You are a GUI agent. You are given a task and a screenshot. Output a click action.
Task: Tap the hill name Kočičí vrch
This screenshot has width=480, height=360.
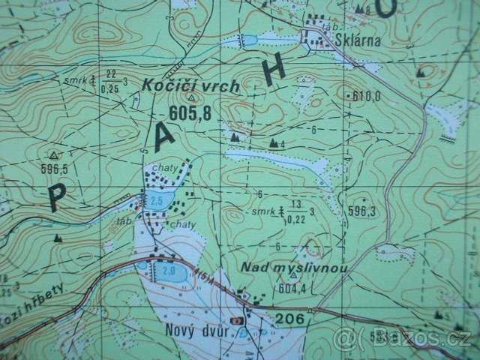(x=190, y=87)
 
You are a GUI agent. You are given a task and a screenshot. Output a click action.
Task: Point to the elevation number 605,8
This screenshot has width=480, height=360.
(x=190, y=112)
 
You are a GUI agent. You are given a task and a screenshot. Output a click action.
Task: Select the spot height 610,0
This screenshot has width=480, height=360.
(x=367, y=96)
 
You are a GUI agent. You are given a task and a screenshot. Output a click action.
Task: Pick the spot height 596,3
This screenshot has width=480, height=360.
(x=361, y=212)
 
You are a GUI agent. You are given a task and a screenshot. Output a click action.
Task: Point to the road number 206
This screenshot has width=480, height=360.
(x=289, y=319)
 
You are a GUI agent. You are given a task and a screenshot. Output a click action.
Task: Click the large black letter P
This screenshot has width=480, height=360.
(x=57, y=196)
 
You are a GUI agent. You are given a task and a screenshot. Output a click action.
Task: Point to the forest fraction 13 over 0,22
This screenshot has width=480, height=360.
(x=295, y=212)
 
